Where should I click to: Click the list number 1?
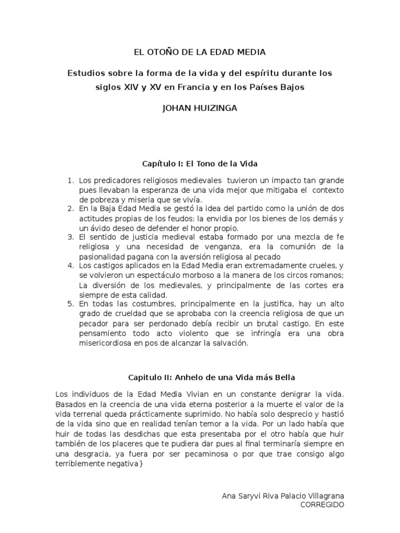(x=70, y=180)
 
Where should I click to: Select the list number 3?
(x=70, y=237)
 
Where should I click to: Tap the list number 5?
(x=70, y=304)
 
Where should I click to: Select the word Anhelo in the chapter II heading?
(x=190, y=376)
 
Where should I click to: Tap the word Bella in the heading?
(x=283, y=376)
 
